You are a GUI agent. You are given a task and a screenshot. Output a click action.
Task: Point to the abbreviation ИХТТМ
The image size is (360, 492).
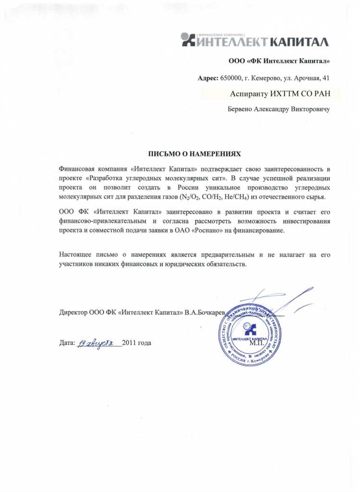pos(287,93)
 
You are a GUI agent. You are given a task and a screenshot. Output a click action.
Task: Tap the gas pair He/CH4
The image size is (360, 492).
pos(235,197)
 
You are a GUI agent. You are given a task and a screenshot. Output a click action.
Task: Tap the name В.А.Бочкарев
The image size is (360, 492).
pos(205,312)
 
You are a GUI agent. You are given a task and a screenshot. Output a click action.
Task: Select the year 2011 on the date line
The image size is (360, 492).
pos(130,343)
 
